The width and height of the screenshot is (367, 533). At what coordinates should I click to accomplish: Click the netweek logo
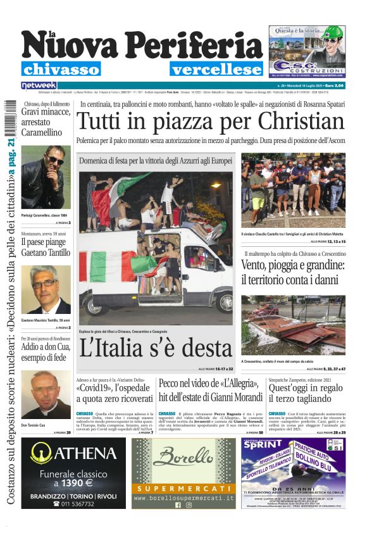[x=39, y=85]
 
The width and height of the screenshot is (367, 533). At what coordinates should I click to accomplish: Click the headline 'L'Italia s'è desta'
[x=156, y=347]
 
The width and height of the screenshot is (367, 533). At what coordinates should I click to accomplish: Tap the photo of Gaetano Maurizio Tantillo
[x=46, y=289]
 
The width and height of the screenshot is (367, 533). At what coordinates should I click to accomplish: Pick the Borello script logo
[x=184, y=457]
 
